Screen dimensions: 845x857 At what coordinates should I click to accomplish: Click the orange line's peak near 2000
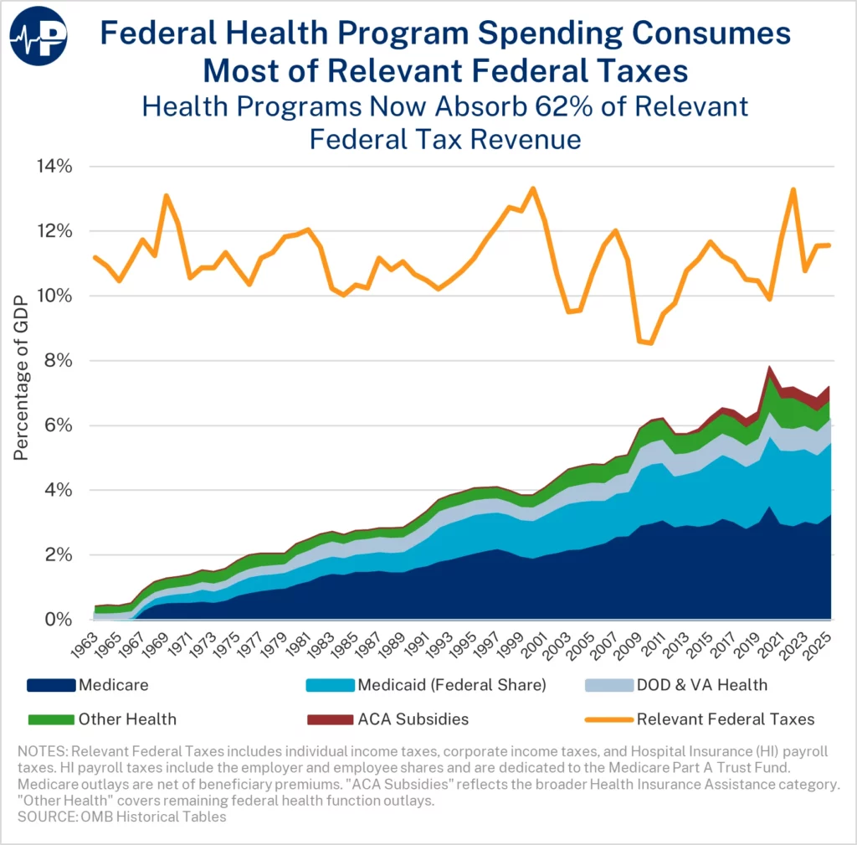(x=533, y=188)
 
